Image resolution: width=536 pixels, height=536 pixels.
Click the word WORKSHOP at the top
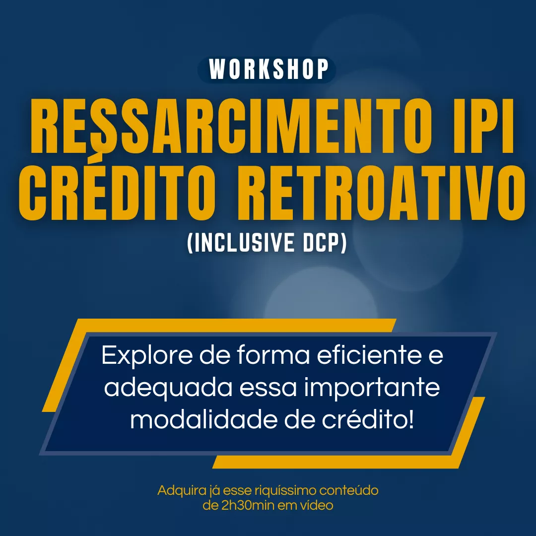pos(268,69)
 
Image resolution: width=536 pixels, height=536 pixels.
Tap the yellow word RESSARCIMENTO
pos(231,126)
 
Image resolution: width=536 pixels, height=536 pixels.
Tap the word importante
pos(372,389)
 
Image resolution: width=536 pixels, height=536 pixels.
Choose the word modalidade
pos(204,419)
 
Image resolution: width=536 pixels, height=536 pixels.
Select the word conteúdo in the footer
pos(349,490)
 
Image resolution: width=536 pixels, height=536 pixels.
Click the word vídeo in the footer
pos(317,505)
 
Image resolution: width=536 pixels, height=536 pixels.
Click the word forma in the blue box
pos(273,355)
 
